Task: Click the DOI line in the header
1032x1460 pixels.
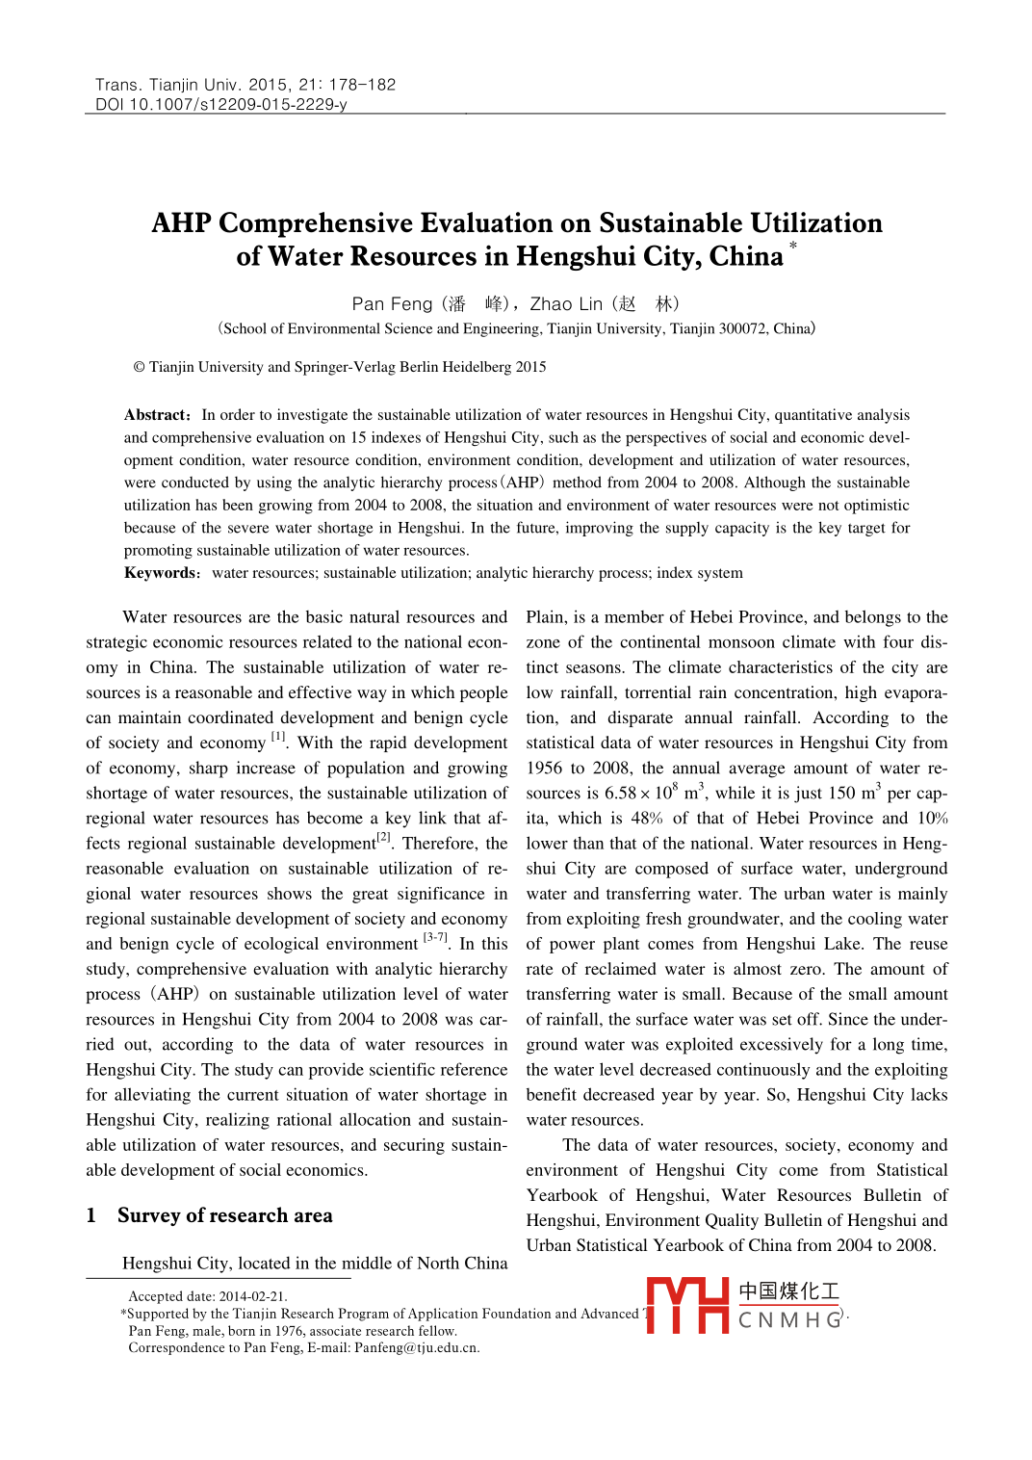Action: (220, 104)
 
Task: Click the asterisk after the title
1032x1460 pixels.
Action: (793, 248)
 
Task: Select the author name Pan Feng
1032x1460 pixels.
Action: (392, 304)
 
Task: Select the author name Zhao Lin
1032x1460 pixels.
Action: (566, 304)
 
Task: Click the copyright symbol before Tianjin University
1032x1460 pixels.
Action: (139, 367)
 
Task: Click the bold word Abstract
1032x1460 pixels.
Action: (157, 415)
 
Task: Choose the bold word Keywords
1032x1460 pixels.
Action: (161, 573)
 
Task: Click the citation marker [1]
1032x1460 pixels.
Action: (278, 737)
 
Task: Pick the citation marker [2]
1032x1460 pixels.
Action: (384, 837)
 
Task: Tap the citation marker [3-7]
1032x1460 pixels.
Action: (435, 937)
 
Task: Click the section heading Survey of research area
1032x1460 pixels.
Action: (224, 1215)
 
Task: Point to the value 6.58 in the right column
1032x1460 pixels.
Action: (620, 794)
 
